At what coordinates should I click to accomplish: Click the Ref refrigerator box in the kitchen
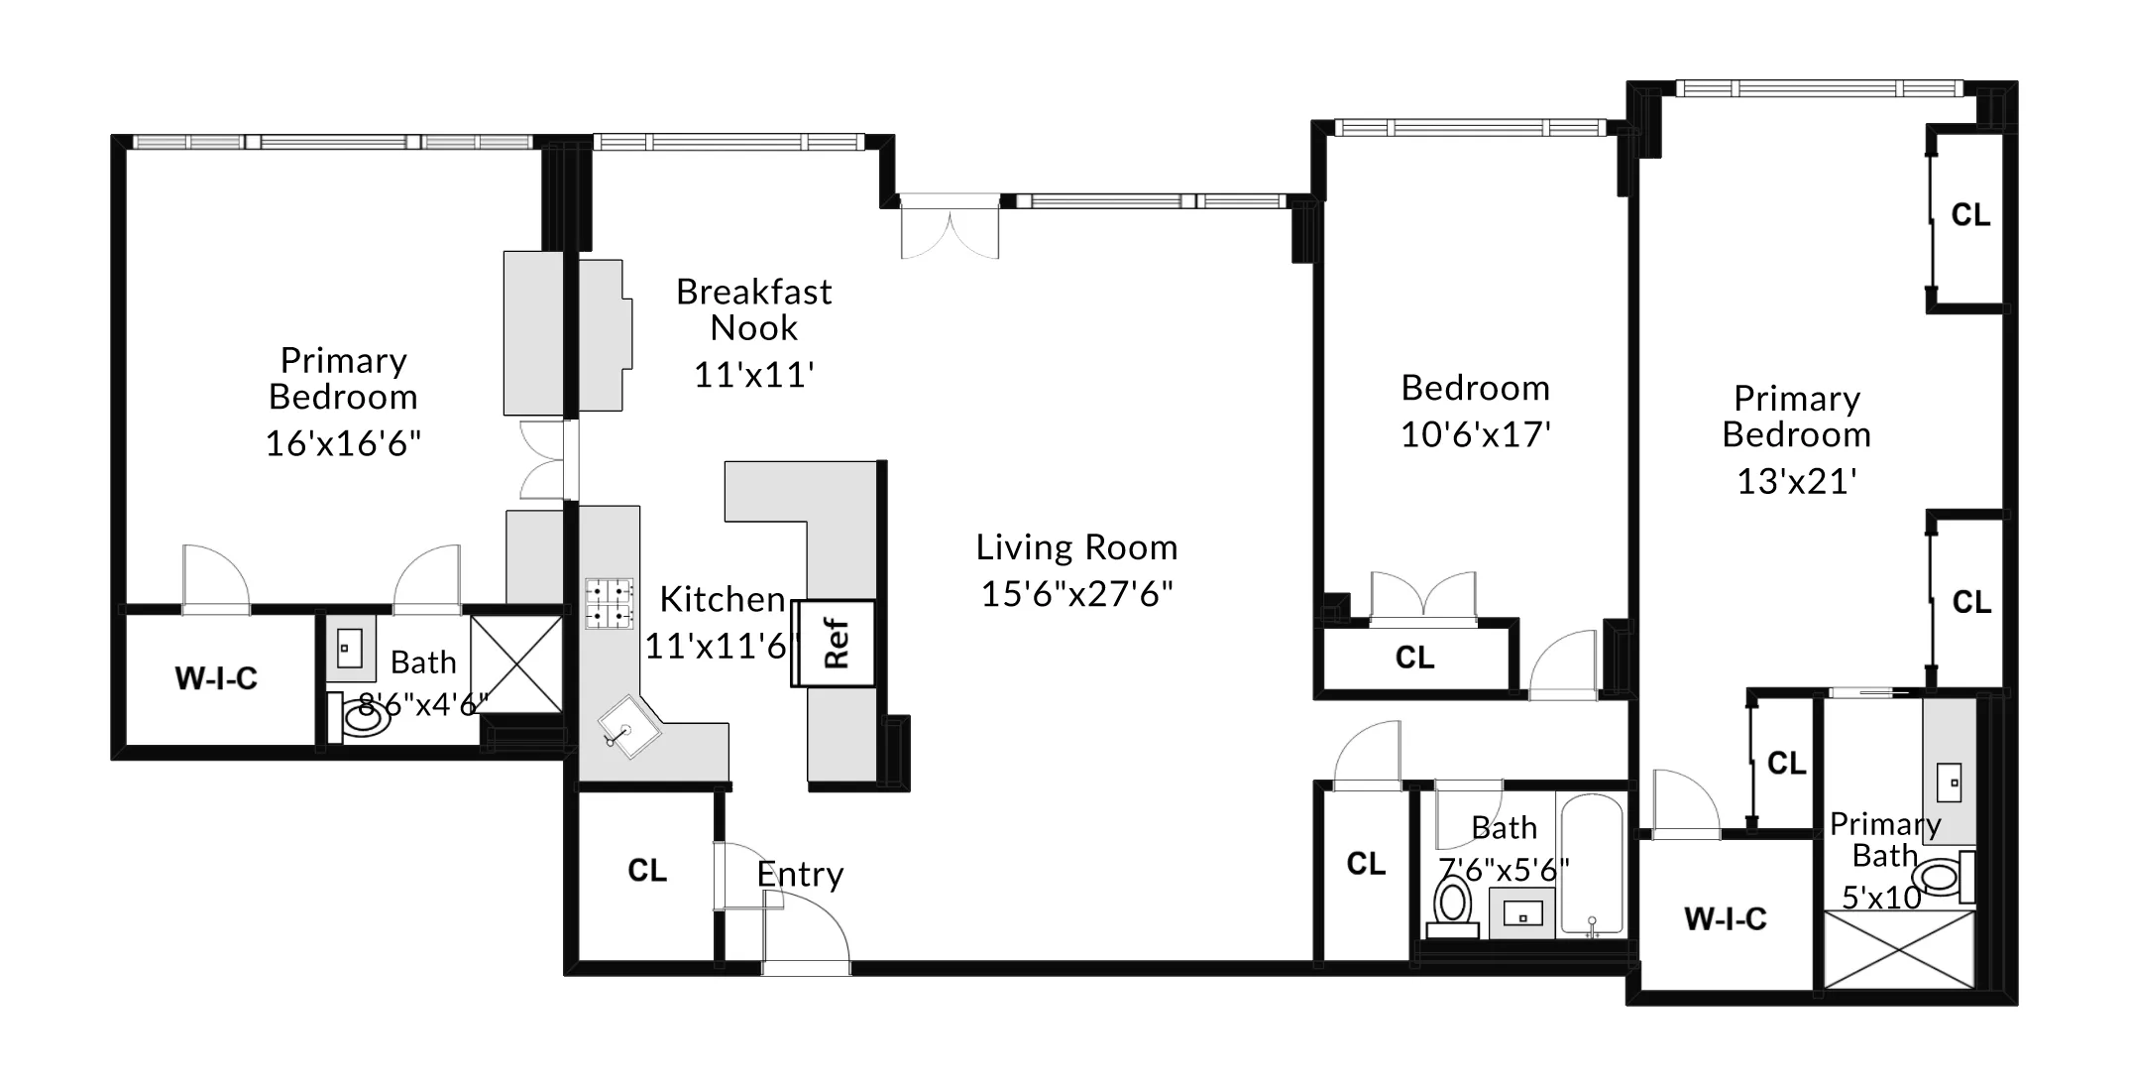click(835, 643)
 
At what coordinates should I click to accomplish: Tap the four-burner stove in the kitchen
click(609, 604)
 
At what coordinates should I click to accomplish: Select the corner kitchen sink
click(627, 728)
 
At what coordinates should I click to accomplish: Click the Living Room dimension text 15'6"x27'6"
click(1076, 594)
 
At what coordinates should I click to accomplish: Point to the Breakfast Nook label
click(753, 309)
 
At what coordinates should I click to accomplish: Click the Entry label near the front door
click(800, 875)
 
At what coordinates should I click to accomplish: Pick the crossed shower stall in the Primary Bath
click(1898, 950)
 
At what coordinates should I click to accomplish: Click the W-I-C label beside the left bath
click(216, 678)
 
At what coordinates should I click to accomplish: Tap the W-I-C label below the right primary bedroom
click(1725, 919)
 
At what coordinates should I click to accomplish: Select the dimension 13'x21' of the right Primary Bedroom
click(1796, 482)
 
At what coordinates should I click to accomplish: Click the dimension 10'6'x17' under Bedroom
click(1475, 435)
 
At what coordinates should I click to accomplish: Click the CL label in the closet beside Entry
click(647, 871)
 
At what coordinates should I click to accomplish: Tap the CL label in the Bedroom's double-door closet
click(1414, 658)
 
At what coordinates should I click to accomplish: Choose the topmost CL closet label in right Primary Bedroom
click(1970, 215)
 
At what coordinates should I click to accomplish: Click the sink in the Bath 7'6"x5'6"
click(1522, 912)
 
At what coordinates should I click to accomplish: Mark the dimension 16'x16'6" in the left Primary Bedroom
click(343, 443)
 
